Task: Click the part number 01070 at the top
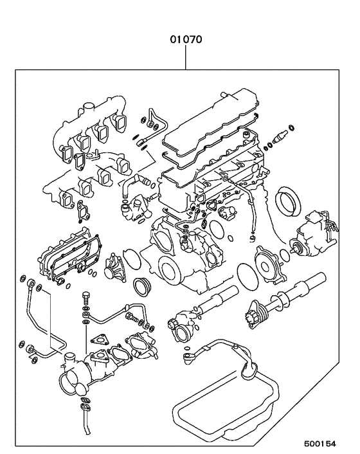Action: point(186,39)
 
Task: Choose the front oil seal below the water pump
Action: point(141,285)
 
